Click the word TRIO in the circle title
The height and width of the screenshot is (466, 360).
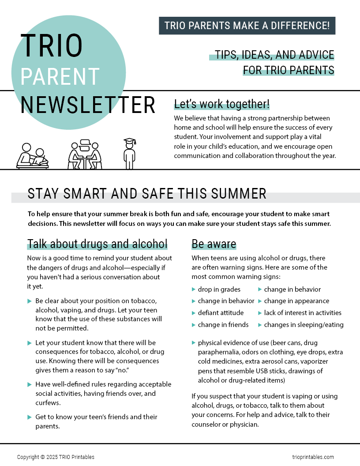pos(51,45)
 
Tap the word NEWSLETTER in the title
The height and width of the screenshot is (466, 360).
pos(88,105)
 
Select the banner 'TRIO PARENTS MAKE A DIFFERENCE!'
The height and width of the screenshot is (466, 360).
pos(247,26)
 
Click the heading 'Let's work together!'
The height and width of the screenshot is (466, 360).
pos(222,104)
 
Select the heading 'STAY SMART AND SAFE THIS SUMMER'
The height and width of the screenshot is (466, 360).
pos(147,193)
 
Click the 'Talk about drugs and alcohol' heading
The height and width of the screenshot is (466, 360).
pos(97,244)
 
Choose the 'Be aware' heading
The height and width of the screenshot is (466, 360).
pos(214,244)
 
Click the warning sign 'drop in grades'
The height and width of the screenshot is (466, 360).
pos(219,289)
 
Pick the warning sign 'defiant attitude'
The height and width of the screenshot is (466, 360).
pos(221,313)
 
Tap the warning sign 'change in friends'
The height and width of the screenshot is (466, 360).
pos(223,325)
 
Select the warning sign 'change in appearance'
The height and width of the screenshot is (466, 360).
pos(296,301)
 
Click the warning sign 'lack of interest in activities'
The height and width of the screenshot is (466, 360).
pos(303,313)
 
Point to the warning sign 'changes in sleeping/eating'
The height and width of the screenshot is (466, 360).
pos(304,325)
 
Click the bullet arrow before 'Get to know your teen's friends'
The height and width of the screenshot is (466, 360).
pos(30,417)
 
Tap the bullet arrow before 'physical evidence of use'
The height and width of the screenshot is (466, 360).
pos(194,342)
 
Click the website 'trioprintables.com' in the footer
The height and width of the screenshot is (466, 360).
pos(313,457)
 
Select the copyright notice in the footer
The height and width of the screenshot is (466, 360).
pos(56,457)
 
